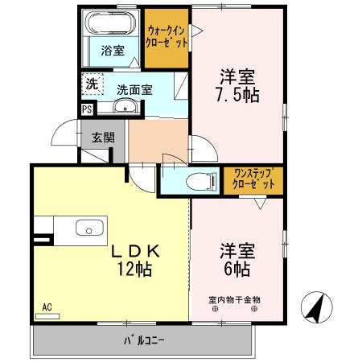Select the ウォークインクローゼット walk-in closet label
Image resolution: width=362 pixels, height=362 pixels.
[167, 37]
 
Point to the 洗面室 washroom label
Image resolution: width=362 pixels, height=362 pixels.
[133, 90]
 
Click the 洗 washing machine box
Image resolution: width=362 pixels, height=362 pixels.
[91, 84]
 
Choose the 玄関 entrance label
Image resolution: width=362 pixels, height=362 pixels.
[102, 137]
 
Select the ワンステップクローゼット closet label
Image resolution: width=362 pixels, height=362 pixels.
[253, 178]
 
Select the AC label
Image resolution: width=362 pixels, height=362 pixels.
[47, 306]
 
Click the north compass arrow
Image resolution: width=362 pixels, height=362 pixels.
[316, 308]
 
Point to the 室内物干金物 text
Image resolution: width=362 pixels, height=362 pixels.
[235, 300]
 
